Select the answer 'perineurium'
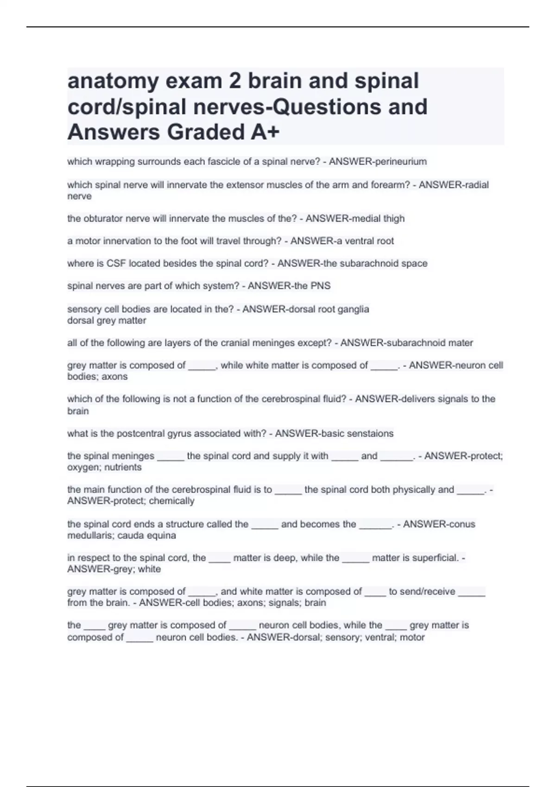pos(402,162)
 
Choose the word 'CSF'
pos(116,263)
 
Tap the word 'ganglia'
pos(354,309)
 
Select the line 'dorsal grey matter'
pos(107,320)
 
